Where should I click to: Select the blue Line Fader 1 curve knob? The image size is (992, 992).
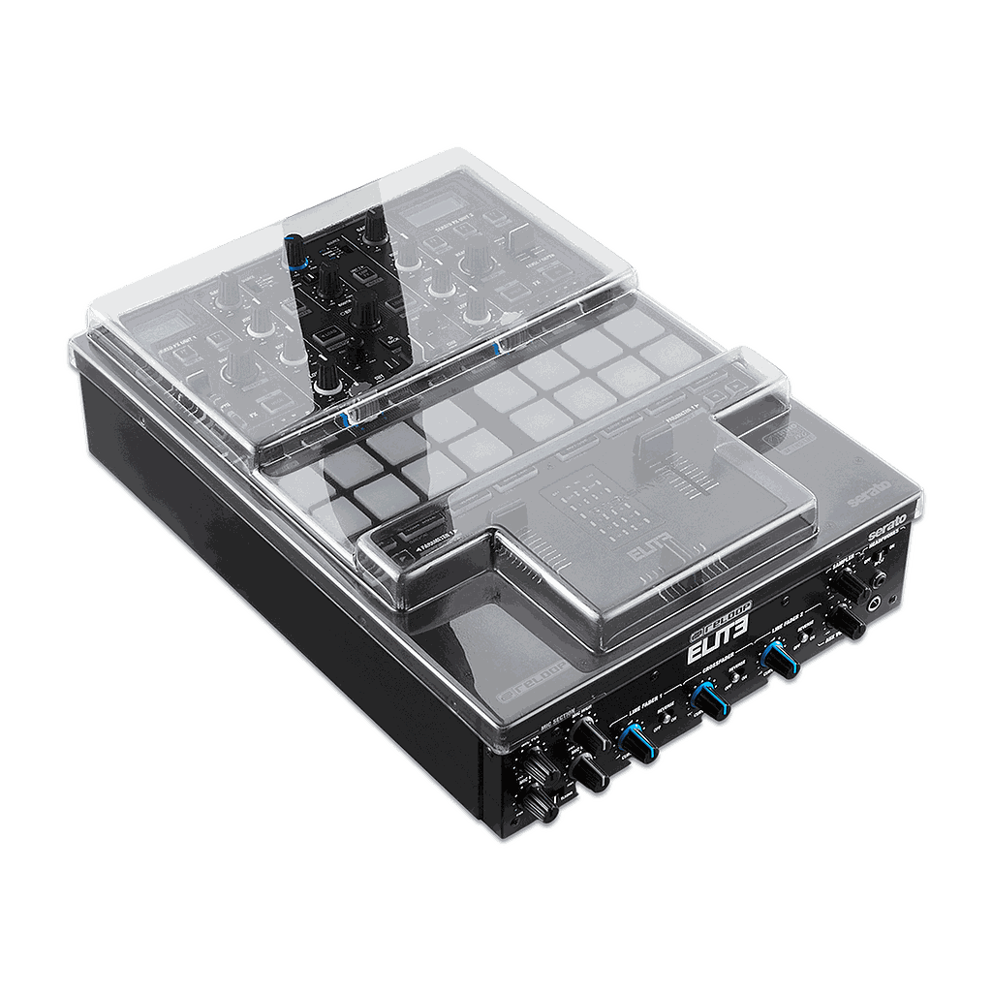tap(635, 745)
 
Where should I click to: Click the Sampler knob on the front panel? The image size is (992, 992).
tap(852, 586)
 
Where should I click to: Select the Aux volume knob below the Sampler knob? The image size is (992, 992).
tap(850, 622)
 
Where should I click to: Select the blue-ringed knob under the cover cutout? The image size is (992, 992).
tap(294, 251)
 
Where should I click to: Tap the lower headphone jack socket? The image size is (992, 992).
tap(877, 603)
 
